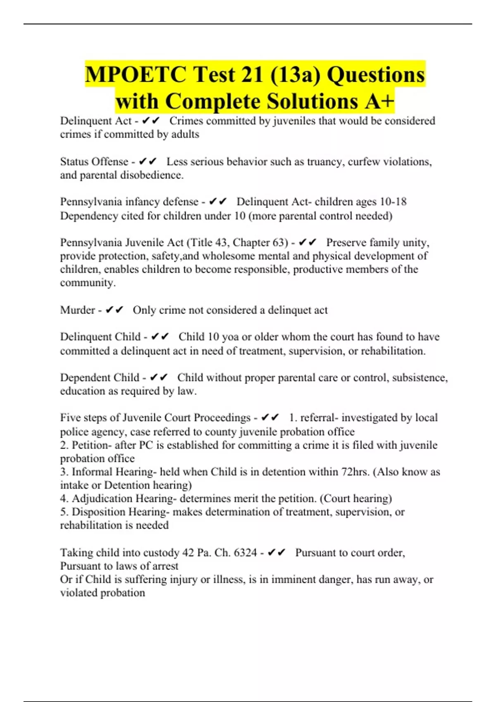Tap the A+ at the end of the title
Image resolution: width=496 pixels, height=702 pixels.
click(x=379, y=101)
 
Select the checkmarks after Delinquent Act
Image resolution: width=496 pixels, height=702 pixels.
click(x=150, y=121)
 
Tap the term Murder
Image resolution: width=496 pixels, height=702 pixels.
click(x=77, y=310)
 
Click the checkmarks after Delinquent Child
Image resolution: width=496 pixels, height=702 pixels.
click(x=160, y=337)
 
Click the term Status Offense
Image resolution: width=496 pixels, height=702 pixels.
click(x=94, y=161)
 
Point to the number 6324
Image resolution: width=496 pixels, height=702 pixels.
click(x=246, y=553)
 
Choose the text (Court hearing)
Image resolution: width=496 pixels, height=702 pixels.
click(x=356, y=498)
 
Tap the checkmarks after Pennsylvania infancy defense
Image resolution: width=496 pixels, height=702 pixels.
click(x=218, y=202)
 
